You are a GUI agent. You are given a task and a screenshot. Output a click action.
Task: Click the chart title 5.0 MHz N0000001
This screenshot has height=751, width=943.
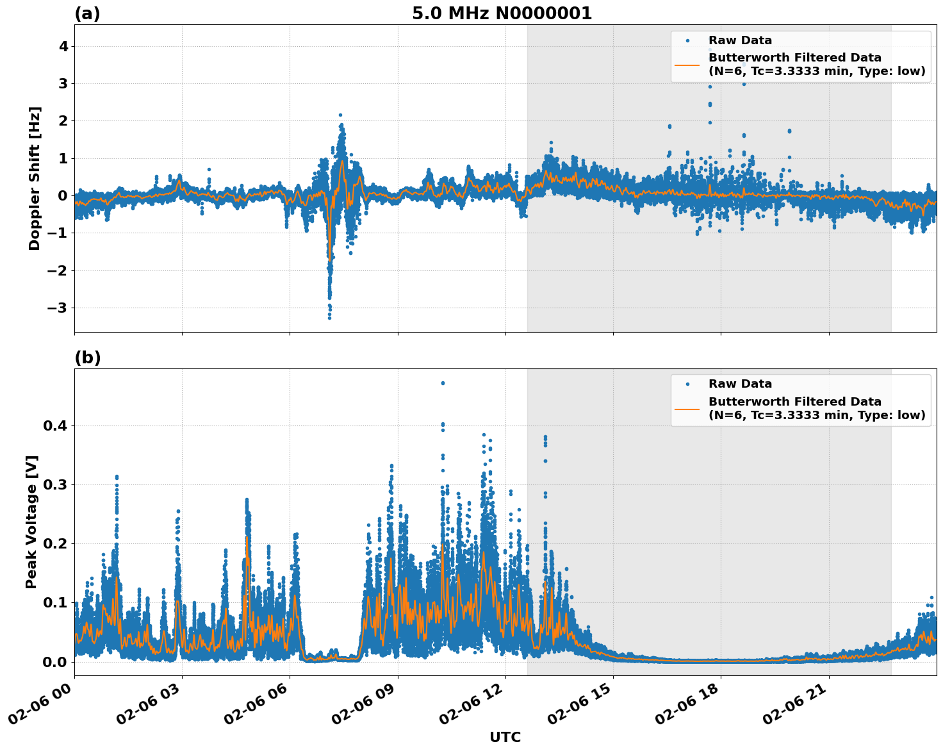[502, 13]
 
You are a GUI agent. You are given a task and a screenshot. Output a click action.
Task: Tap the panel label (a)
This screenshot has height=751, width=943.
[87, 13]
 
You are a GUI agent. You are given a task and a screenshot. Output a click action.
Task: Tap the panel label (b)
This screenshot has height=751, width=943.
[87, 358]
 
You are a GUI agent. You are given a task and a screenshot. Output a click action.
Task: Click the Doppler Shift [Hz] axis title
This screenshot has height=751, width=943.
[35, 178]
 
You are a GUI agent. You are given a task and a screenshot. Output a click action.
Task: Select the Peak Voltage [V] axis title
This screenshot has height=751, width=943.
[31, 522]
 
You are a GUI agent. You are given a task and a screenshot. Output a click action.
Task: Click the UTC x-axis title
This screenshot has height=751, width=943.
[505, 737]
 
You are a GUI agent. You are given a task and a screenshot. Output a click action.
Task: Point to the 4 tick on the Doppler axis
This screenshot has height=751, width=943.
[63, 47]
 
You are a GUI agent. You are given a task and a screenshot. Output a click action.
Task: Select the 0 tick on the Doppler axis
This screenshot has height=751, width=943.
[63, 196]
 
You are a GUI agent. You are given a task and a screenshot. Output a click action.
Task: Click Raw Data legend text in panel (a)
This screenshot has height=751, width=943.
[740, 41]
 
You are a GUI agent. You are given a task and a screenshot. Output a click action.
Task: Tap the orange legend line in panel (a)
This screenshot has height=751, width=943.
[687, 65]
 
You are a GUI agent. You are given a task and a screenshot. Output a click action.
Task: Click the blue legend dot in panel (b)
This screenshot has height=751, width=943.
[687, 384]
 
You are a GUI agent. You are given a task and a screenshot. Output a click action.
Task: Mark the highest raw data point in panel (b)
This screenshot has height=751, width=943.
[442, 383]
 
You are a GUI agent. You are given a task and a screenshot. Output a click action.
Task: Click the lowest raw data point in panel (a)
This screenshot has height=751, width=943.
[329, 317]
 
